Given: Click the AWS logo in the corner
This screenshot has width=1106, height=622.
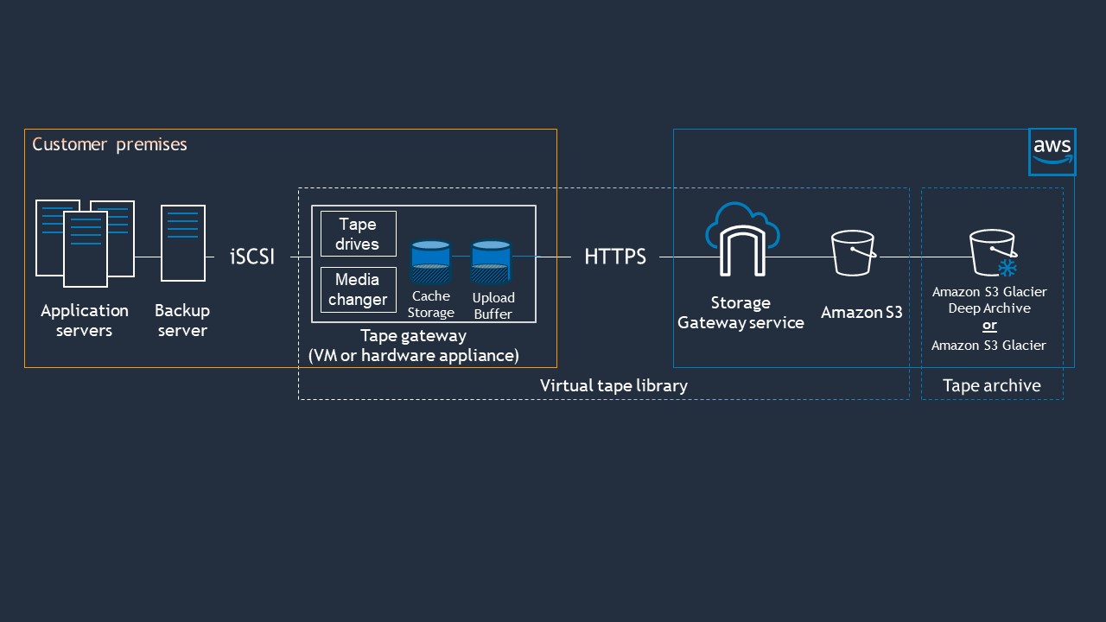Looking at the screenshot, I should tap(1052, 152).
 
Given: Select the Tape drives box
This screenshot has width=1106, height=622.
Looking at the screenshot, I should tap(358, 233).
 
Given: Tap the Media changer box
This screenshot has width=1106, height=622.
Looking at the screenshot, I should tap(358, 289).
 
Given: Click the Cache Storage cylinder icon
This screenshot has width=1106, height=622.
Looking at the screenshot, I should tap(430, 262).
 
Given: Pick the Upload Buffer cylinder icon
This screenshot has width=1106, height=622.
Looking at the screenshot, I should tap(491, 262).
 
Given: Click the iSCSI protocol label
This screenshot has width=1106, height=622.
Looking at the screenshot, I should tap(252, 257).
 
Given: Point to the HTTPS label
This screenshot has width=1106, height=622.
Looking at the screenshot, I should tap(615, 257).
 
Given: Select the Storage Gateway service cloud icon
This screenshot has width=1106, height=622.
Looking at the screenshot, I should tap(742, 237).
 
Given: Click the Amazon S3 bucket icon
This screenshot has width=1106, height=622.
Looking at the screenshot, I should tap(854, 253).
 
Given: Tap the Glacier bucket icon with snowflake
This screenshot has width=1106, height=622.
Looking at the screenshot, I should tap(992, 253).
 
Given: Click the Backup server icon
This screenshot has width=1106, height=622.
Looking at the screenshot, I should tap(183, 243).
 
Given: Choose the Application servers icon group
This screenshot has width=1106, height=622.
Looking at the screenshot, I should tap(85, 243).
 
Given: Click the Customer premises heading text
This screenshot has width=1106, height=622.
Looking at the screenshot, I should tap(110, 144).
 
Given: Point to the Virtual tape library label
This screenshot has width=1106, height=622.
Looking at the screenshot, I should tap(613, 385).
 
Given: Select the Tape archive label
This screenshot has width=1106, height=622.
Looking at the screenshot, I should tap(991, 385).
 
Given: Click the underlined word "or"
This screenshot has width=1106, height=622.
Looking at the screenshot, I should tap(989, 326).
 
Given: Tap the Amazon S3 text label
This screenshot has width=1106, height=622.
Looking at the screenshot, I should tap(861, 313).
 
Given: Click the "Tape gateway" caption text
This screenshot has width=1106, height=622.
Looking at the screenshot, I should tap(413, 335).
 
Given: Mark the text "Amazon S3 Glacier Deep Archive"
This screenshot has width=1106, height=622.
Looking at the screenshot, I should tap(989, 300).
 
